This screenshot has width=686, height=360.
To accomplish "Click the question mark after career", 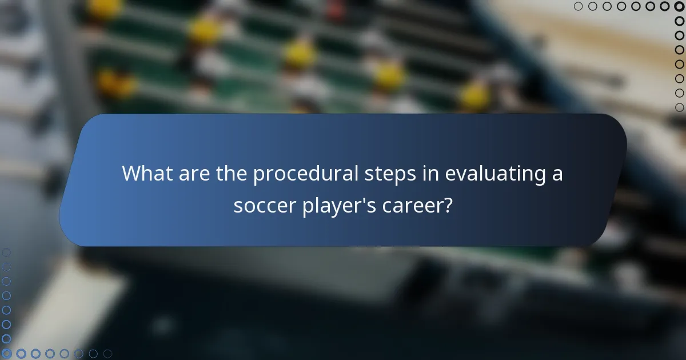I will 448,205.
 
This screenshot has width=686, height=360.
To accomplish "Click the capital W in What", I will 133,173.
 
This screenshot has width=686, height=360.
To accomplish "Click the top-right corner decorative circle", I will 679,6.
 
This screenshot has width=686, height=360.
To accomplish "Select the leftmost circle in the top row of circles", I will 579,6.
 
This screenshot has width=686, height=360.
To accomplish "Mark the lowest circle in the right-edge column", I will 679,107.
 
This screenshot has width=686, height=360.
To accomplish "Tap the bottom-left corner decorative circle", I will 6,354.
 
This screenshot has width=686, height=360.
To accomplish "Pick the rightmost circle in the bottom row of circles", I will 107,354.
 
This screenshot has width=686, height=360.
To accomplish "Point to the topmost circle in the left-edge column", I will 6,252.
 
